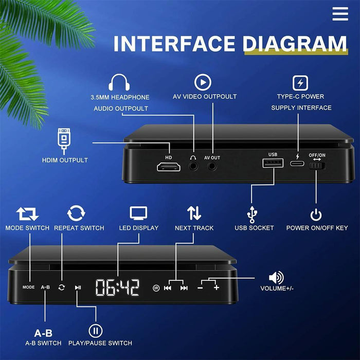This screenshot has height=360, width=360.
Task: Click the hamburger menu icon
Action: tap(340, 14)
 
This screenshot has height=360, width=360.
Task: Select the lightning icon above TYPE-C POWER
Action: tap(300, 83)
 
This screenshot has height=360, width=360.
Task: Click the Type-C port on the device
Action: tap(297, 164)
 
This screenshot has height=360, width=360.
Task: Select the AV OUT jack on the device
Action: tap(212, 166)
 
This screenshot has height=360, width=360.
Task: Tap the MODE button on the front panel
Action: tap(28, 287)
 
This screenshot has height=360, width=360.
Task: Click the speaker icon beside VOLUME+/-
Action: tap(276, 278)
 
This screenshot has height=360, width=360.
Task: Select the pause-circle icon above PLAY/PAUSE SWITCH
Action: tap(95, 330)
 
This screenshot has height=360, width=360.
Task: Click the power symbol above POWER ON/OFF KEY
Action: tap(316, 214)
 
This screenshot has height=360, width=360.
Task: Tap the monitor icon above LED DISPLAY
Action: tap(138, 213)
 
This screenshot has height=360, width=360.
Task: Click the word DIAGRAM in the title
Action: tap(295, 43)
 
